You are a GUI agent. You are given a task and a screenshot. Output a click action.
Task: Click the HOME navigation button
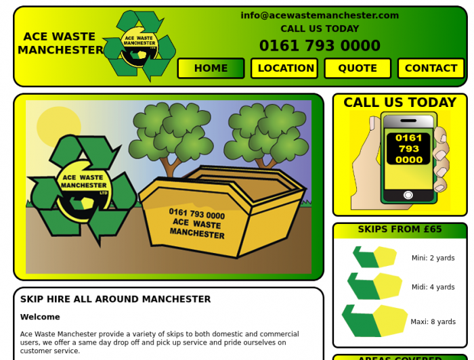point(211,68)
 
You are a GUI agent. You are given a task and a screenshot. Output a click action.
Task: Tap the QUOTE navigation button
point(358,68)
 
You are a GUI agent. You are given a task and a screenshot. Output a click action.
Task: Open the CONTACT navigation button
point(431,68)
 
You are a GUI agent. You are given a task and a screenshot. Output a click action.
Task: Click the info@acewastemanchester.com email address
point(320,16)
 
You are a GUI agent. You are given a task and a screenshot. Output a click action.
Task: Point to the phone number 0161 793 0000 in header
point(320,46)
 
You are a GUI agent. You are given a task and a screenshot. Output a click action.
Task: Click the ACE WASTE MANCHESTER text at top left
point(60,43)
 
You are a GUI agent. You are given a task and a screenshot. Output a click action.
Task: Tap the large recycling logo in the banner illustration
point(83,189)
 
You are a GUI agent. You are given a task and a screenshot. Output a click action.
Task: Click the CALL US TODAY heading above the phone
point(400,103)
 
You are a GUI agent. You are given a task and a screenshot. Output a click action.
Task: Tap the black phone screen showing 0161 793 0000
point(408,149)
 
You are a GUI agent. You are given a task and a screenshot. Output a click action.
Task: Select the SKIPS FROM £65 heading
point(400,229)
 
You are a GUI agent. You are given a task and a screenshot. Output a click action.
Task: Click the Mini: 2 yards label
point(433,258)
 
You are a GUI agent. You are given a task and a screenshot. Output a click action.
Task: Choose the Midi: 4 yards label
point(433,287)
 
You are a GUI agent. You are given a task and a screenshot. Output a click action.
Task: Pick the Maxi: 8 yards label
point(433,322)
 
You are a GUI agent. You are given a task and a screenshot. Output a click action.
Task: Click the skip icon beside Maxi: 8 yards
point(374,321)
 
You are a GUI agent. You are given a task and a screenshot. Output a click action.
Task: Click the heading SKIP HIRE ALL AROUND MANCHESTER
point(115,299)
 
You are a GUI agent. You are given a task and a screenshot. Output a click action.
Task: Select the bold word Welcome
point(40,317)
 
